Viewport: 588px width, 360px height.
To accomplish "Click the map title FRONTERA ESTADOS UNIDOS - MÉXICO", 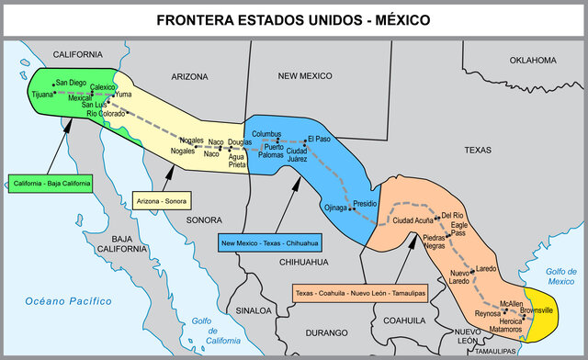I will [x=294, y=18].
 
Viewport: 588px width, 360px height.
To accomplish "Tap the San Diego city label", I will [x=72, y=83].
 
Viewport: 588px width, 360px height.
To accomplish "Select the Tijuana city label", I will [x=42, y=94].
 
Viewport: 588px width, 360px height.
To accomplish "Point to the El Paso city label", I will [x=319, y=139].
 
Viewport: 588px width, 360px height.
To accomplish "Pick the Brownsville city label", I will [x=537, y=310].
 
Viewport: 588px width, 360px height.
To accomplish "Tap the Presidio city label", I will [x=366, y=202].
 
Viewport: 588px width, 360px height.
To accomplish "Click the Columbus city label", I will [x=266, y=134].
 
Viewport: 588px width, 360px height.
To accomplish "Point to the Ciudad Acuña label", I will [x=413, y=220].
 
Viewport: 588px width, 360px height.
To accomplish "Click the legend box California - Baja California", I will [x=52, y=184].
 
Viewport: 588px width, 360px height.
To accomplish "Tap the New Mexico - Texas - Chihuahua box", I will [x=269, y=243].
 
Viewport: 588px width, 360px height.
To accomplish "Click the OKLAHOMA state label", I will [x=533, y=61].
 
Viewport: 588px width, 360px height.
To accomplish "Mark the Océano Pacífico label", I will [x=68, y=300].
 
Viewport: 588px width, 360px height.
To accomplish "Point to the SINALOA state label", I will [x=253, y=310].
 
